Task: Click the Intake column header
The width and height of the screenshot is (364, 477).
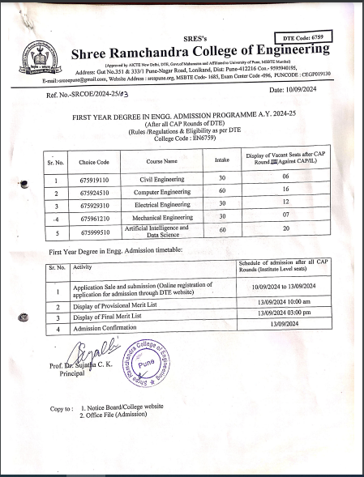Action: point(221,160)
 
